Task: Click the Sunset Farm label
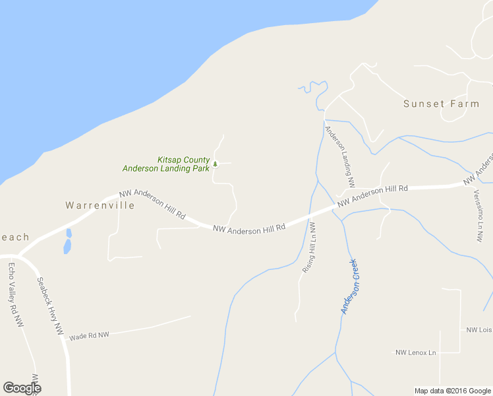pos(441,104)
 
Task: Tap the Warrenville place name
pos(100,205)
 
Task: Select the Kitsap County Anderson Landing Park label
pos(166,164)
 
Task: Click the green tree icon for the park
pos(215,164)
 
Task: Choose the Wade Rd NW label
pos(88,335)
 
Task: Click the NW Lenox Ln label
pos(416,353)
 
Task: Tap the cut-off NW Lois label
pos(479,330)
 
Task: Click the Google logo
pos(22,388)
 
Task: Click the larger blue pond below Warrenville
pos(67,247)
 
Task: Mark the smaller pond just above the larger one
pos(69,233)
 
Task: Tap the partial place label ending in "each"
pos(14,237)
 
